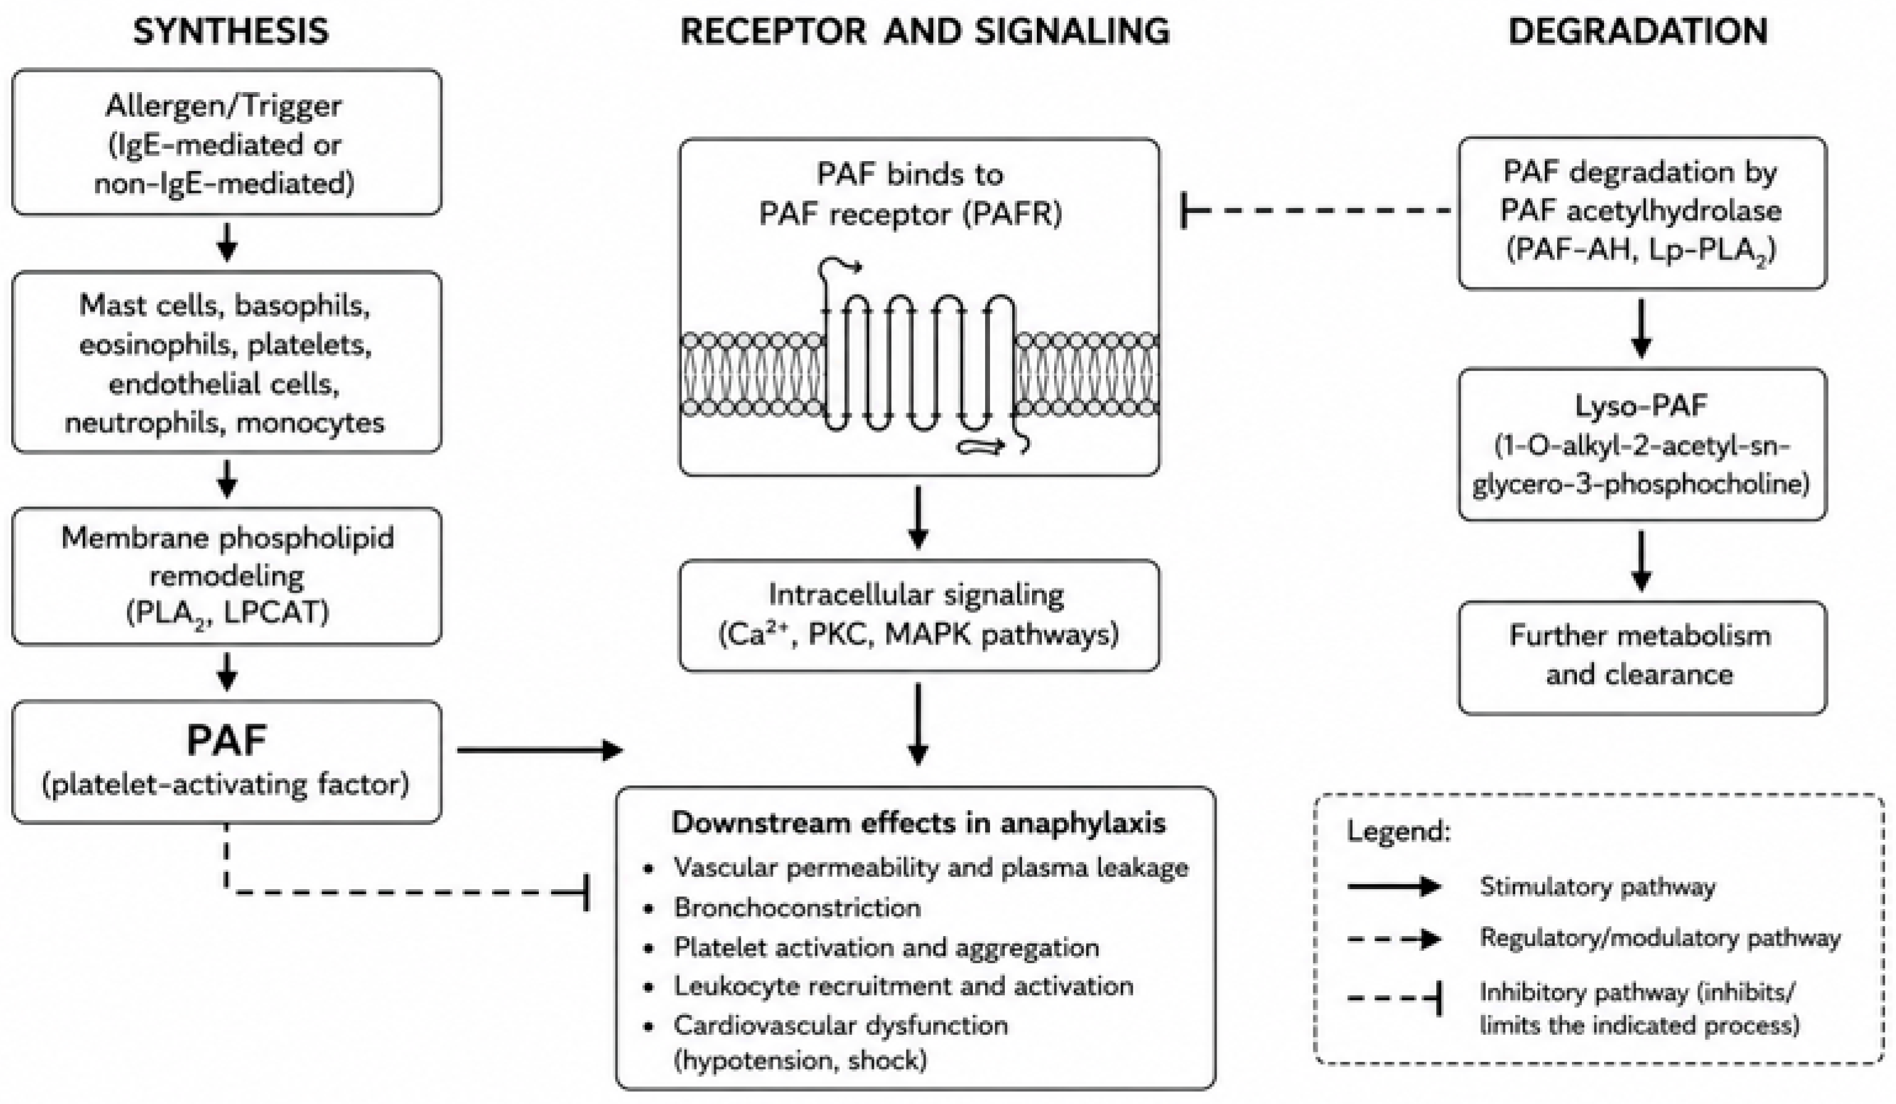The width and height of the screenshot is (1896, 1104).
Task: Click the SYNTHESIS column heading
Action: click(231, 32)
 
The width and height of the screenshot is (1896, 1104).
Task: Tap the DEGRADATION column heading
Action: click(1638, 32)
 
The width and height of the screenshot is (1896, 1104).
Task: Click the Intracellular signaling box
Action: click(918, 616)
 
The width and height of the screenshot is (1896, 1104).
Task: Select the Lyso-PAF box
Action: click(1642, 445)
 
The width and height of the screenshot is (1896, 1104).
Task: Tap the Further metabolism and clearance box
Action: click(1642, 658)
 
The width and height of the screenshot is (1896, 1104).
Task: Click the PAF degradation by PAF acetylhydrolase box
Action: click(1642, 213)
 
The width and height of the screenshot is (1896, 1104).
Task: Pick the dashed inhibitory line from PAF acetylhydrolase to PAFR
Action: click(1316, 211)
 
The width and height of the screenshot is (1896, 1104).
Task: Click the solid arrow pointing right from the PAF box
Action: click(540, 750)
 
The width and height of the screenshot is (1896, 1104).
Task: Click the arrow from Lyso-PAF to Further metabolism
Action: click(1642, 561)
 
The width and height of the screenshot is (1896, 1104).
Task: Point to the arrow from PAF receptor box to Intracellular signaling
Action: click(918, 518)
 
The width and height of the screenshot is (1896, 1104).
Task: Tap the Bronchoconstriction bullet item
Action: click(797, 908)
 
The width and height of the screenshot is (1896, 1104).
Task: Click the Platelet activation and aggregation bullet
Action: click(886, 947)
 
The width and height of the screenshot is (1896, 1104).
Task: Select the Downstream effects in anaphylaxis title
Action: click(918, 823)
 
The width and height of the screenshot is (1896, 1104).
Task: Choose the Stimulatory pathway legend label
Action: click(1597, 887)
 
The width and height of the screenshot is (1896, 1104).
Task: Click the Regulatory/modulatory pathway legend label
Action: click(1660, 938)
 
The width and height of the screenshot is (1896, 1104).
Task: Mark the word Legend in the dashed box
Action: click(1399, 832)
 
